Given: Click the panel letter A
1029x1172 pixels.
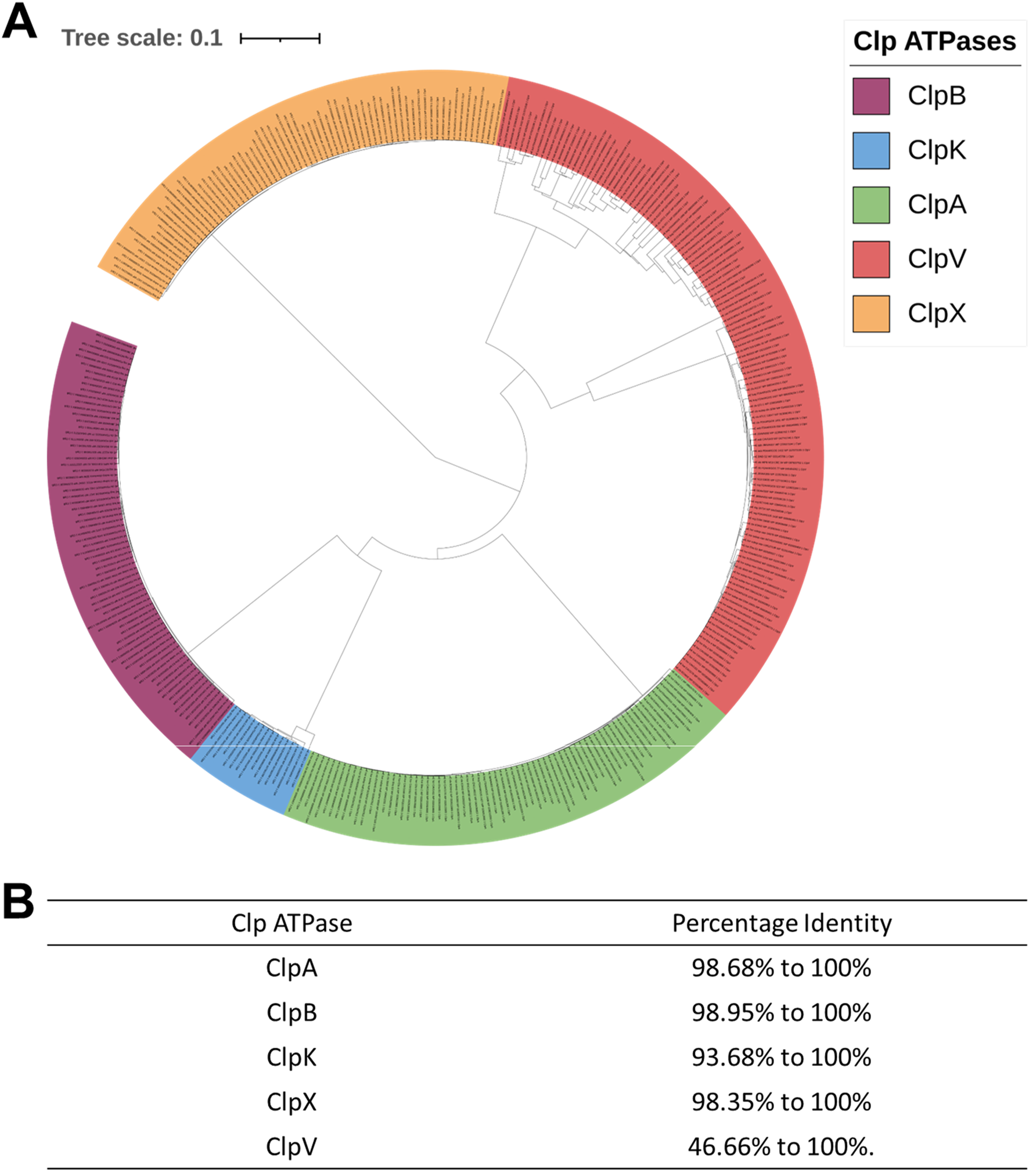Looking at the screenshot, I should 20,23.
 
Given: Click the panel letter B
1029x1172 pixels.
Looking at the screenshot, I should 19,902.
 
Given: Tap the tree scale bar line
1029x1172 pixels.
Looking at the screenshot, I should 280,39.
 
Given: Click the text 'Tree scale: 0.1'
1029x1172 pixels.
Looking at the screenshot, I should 142,38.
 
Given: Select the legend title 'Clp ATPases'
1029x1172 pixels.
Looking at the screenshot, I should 934,42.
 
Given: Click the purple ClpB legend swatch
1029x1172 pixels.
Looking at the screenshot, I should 870,96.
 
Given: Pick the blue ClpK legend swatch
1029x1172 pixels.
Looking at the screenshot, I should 870,150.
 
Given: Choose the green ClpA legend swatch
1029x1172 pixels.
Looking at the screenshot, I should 870,205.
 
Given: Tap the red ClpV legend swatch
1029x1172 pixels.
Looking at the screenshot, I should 870,259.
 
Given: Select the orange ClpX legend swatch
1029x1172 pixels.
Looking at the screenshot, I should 870,314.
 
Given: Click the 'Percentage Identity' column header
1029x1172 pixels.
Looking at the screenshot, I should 782,923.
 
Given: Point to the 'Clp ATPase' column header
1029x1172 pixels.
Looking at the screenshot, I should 292,923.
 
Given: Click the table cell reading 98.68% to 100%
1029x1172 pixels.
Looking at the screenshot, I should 781,968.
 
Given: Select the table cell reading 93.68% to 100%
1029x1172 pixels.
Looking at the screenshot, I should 781,1058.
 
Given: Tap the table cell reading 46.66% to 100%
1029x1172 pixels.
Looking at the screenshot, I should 781,1147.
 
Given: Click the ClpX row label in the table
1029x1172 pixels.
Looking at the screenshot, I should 292,1102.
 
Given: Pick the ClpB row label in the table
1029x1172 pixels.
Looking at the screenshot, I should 292,1013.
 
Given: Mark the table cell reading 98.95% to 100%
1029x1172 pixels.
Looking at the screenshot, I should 781,1013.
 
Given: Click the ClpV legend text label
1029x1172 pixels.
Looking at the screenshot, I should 937,259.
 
